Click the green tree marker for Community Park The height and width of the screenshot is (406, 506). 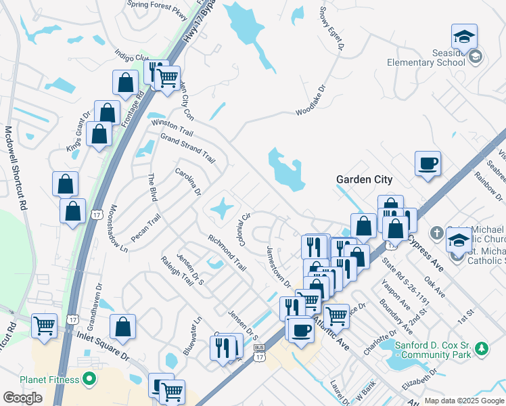(481, 348)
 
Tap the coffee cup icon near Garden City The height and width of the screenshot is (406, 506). (428, 164)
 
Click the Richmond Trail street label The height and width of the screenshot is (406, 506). (227, 252)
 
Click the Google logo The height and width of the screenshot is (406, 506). (23, 398)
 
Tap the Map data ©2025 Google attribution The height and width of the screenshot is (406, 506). (464, 401)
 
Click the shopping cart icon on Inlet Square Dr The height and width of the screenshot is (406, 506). (45, 325)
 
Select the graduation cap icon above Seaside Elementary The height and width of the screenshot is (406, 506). (465, 35)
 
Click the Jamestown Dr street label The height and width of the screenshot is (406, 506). (278, 266)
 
